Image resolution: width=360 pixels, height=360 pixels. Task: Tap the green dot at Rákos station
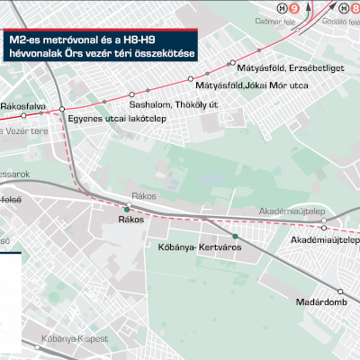point(127,210)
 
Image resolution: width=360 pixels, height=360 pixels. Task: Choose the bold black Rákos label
point(130,220)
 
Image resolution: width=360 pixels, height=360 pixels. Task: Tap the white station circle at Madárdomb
point(341,291)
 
